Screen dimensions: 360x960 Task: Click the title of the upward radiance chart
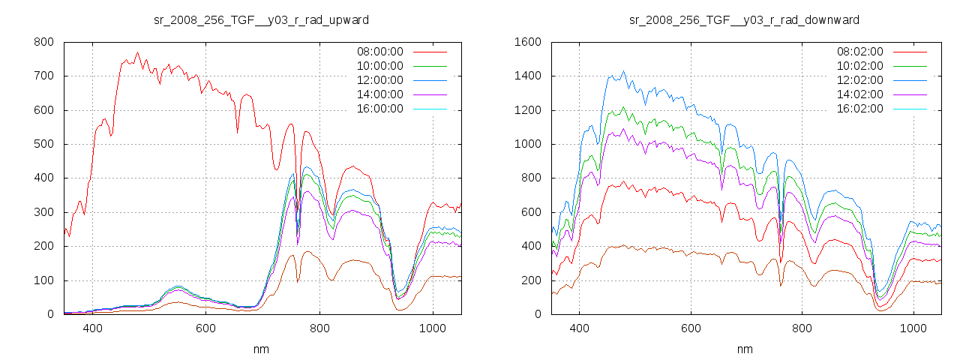pos(261,19)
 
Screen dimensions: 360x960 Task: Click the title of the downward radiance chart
pos(744,19)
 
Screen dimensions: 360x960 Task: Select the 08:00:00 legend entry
pos(379,52)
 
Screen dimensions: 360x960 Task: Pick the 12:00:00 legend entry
pos(379,80)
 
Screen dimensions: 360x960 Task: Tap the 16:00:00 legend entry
pos(379,109)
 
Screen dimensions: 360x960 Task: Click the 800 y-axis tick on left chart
pos(43,42)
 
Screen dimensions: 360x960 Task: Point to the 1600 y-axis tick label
pos(527,42)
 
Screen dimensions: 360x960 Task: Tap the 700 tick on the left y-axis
pos(43,76)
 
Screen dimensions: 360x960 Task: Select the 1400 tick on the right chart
pos(527,76)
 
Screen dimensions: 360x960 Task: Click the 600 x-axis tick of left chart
pos(205,328)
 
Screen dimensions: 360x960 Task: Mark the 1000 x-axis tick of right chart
pos(913,328)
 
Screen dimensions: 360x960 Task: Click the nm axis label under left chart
pos(261,349)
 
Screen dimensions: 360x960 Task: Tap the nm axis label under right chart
pos(744,349)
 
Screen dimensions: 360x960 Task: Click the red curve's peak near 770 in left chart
pos(137,52)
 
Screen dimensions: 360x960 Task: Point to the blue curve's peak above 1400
pos(623,72)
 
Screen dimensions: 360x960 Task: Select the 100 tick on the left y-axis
pos(43,280)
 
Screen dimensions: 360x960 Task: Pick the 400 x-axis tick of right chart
pos(579,328)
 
